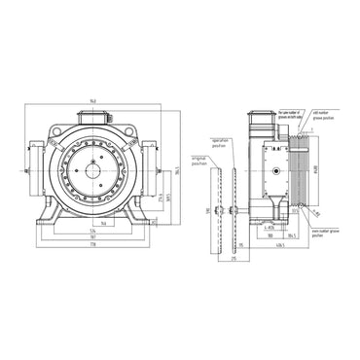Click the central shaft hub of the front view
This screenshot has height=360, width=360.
pos(96,172)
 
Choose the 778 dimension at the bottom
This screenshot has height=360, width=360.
pos(91,245)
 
